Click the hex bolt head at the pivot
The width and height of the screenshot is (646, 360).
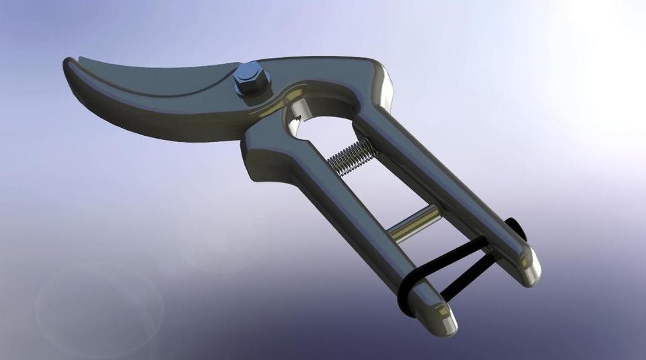tap(252, 78)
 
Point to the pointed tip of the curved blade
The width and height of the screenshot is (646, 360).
tap(69, 64)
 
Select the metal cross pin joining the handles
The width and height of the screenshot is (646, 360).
tap(415, 223)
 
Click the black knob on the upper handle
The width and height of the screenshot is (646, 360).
tap(517, 229)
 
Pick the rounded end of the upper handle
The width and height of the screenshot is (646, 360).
tap(528, 268)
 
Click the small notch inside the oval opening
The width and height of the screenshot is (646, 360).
tap(294, 123)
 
